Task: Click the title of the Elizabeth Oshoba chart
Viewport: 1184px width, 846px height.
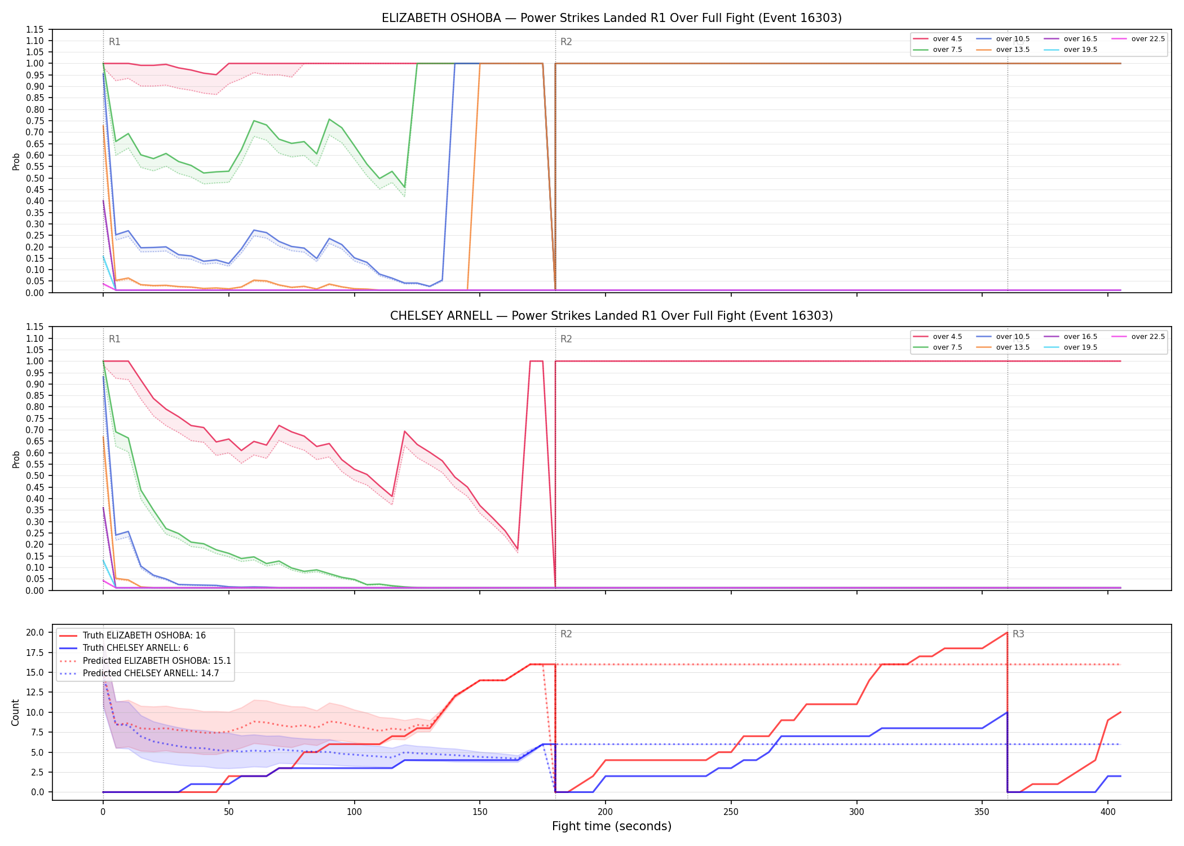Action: [x=612, y=18]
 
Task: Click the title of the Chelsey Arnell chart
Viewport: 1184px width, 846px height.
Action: [x=612, y=316]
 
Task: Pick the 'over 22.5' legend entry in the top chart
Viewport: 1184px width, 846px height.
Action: [x=1138, y=39]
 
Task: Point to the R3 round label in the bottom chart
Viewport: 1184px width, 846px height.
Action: [x=1018, y=634]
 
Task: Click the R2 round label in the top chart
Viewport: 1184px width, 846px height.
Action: [x=566, y=42]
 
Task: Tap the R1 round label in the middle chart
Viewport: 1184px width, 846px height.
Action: [x=114, y=339]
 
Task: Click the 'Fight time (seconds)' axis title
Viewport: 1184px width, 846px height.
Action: [x=612, y=826]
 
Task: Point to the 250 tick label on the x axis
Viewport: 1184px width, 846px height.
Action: [x=731, y=812]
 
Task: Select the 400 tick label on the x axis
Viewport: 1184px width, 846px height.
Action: [x=1108, y=812]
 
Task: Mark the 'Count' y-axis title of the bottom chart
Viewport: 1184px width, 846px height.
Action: [x=16, y=712]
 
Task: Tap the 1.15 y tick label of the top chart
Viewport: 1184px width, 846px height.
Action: [x=34, y=29]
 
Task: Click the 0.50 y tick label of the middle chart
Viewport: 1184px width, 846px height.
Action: [x=34, y=475]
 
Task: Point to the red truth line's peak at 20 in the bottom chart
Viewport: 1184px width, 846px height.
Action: [x=1007, y=632]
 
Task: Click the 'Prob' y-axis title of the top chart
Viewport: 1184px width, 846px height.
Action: [x=16, y=161]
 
